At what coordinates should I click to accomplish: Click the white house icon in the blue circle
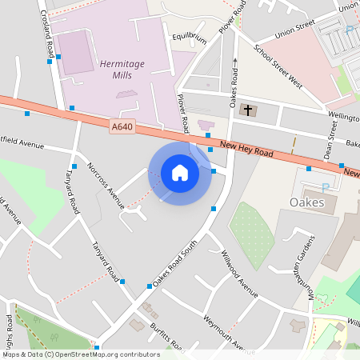[x=180, y=172]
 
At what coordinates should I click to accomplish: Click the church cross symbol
[x=248, y=110]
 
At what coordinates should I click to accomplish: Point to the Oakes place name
[x=307, y=202]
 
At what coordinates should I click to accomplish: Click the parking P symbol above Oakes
[x=325, y=187]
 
